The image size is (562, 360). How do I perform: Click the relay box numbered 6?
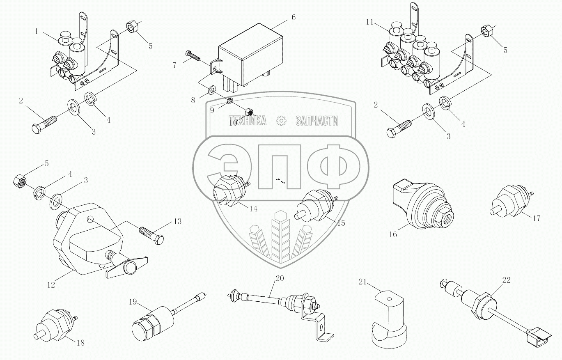point(250,57)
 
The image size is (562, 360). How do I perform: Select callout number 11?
point(370,22)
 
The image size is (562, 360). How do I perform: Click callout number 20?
point(279,278)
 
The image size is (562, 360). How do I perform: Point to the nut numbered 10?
point(248,111)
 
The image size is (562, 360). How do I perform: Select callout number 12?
point(51,284)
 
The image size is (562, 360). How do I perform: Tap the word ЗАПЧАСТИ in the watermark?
point(317,121)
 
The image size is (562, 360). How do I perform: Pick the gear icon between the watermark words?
point(281,121)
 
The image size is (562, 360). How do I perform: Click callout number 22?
point(507,280)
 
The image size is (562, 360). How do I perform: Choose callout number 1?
point(37,31)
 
